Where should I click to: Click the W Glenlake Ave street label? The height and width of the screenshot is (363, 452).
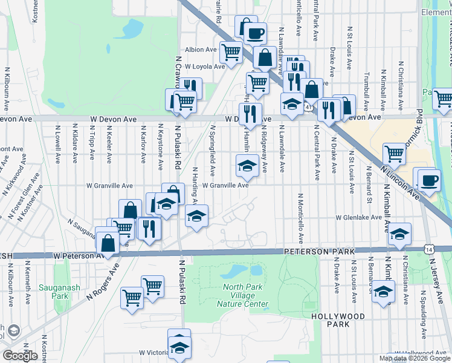coord(359,217)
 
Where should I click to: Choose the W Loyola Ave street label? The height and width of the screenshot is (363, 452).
coord(204,67)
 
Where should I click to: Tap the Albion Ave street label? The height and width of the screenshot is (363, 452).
coord(201,50)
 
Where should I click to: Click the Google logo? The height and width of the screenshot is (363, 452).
coord(21,356)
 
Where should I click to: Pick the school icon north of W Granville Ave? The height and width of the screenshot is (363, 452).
coord(247,166)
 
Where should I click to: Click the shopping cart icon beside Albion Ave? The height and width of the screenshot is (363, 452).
coord(231,52)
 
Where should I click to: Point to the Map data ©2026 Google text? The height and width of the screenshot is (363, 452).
coord(415,358)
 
